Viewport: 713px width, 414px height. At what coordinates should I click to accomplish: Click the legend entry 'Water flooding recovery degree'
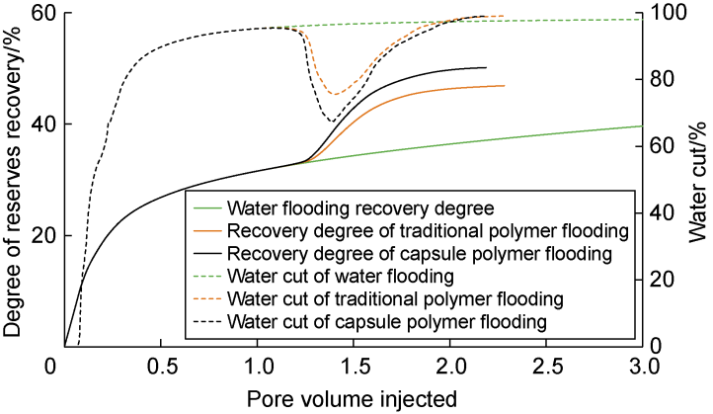[359, 208]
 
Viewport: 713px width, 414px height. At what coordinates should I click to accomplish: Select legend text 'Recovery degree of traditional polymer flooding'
[428, 231]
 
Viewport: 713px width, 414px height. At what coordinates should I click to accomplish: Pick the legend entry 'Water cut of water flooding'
[340, 276]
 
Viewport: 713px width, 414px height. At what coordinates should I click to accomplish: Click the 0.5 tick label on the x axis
[162, 368]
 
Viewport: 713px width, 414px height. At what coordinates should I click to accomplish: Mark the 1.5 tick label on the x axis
[355, 368]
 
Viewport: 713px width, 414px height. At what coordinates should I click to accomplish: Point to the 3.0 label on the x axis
[643, 368]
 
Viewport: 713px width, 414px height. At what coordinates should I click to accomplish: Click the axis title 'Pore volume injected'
[354, 399]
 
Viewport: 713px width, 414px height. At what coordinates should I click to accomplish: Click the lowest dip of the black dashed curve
[330, 121]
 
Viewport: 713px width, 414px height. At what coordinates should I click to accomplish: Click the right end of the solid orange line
[504, 86]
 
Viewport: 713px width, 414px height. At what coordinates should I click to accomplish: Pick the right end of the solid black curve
[486, 68]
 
